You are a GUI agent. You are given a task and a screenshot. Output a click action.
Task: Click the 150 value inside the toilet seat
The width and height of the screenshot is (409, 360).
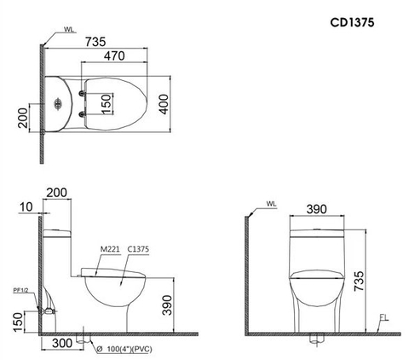tap(106, 102)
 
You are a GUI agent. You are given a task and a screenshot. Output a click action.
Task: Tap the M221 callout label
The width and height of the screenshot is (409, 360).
tap(109, 249)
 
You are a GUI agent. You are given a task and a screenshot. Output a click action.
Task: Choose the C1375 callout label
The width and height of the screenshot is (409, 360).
tap(139, 249)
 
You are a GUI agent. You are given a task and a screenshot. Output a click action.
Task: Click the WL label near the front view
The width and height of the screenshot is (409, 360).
tap(271, 205)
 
